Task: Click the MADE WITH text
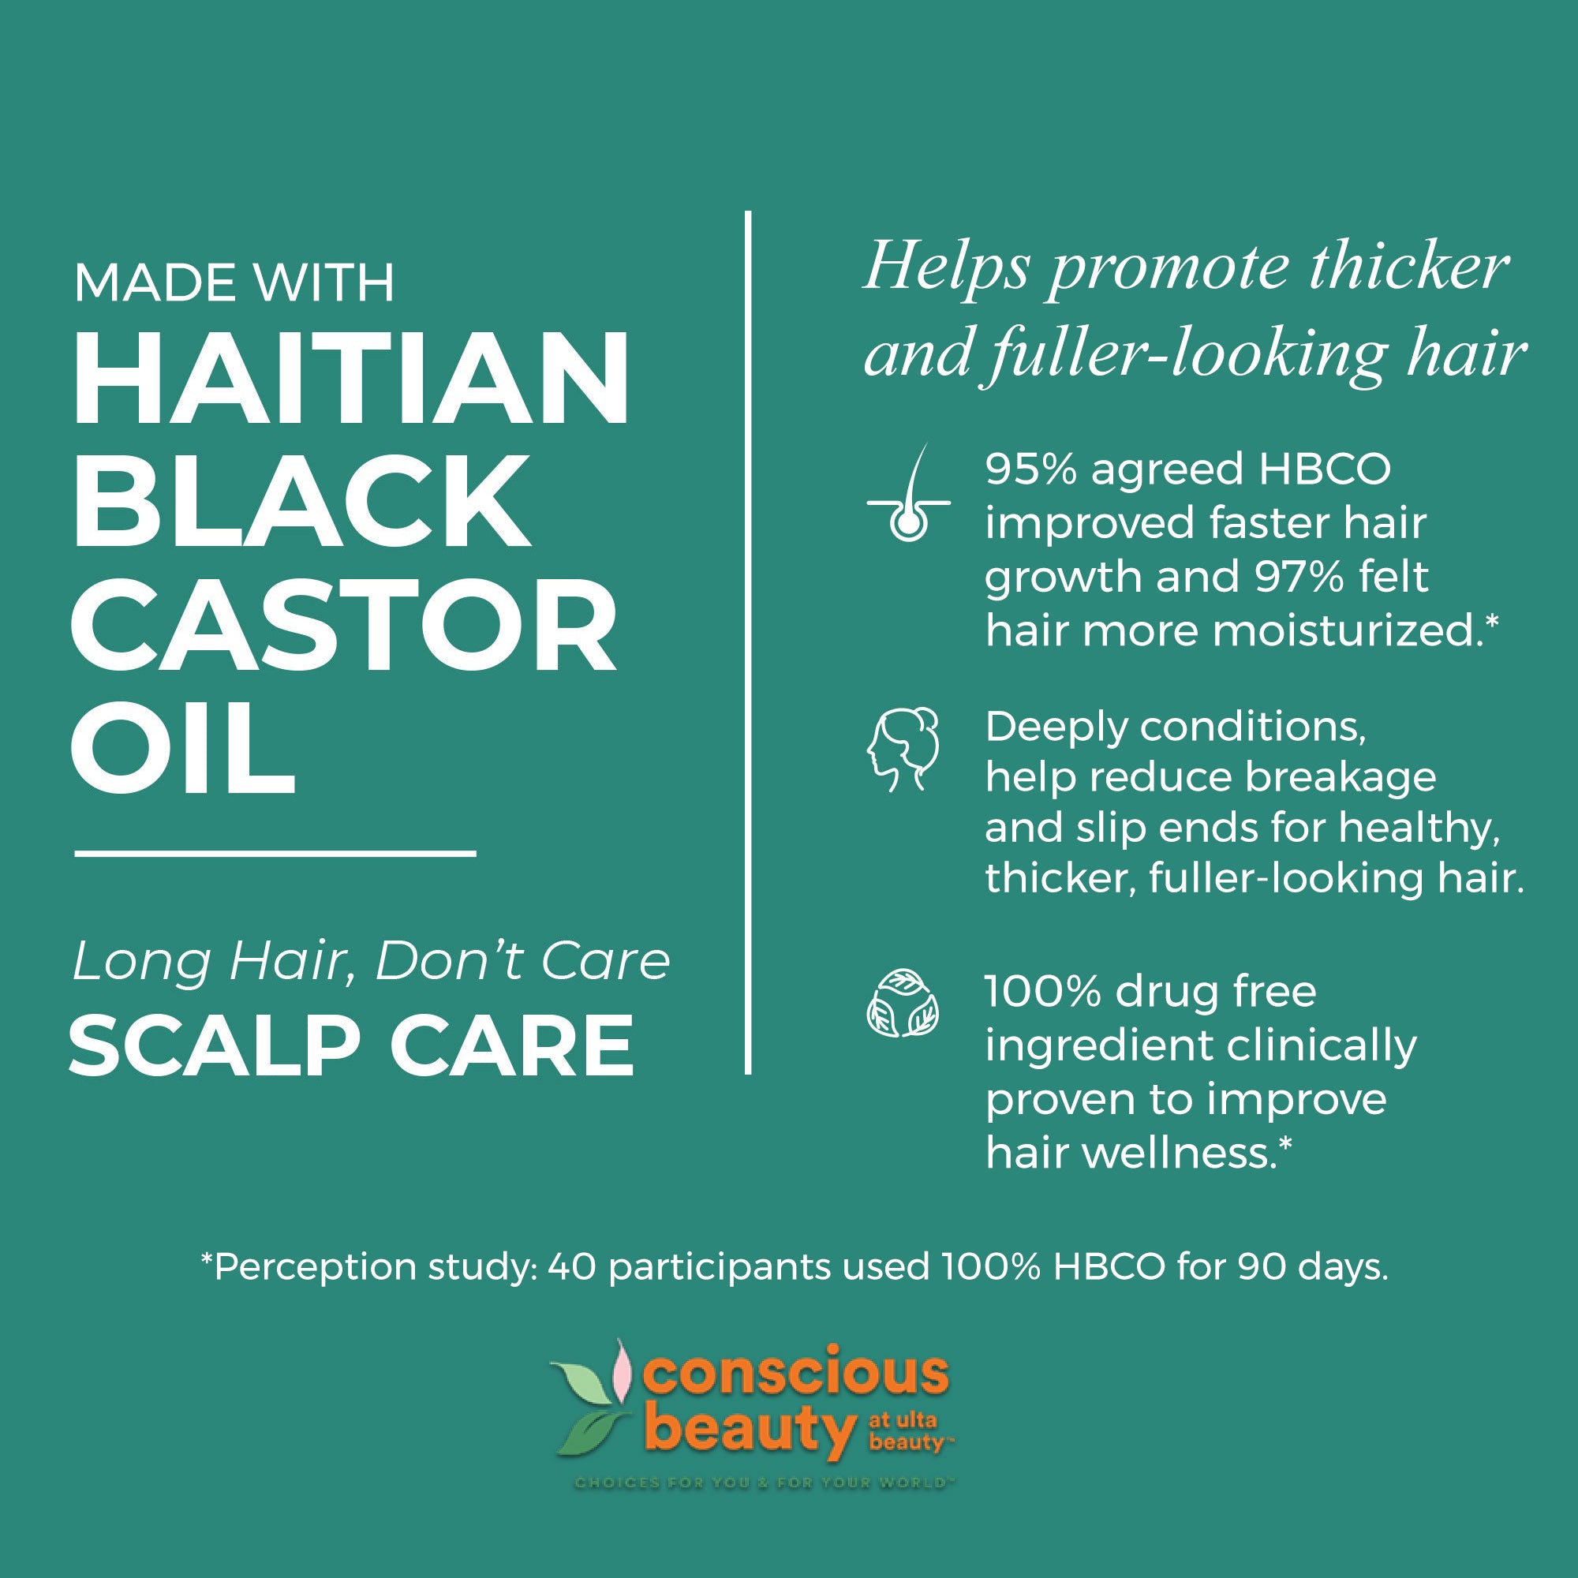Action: tap(234, 283)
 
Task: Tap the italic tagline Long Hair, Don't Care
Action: tap(371, 961)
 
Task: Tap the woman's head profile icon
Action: tap(902, 750)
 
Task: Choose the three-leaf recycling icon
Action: tap(903, 1004)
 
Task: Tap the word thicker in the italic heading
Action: tap(1409, 268)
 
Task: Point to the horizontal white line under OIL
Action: tap(275, 853)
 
